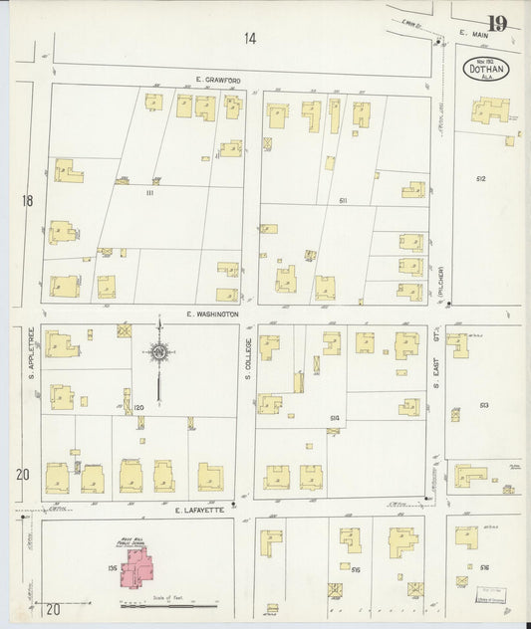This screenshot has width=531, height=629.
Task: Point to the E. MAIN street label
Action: tap(476, 36)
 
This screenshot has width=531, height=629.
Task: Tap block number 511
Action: tap(342, 201)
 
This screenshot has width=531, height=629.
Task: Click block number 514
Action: tap(335, 417)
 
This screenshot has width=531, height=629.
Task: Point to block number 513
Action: tap(483, 405)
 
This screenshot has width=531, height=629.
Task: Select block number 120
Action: tap(139, 408)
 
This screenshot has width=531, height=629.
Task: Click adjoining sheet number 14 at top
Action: tap(248, 39)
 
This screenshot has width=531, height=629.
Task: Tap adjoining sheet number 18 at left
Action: tap(28, 201)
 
